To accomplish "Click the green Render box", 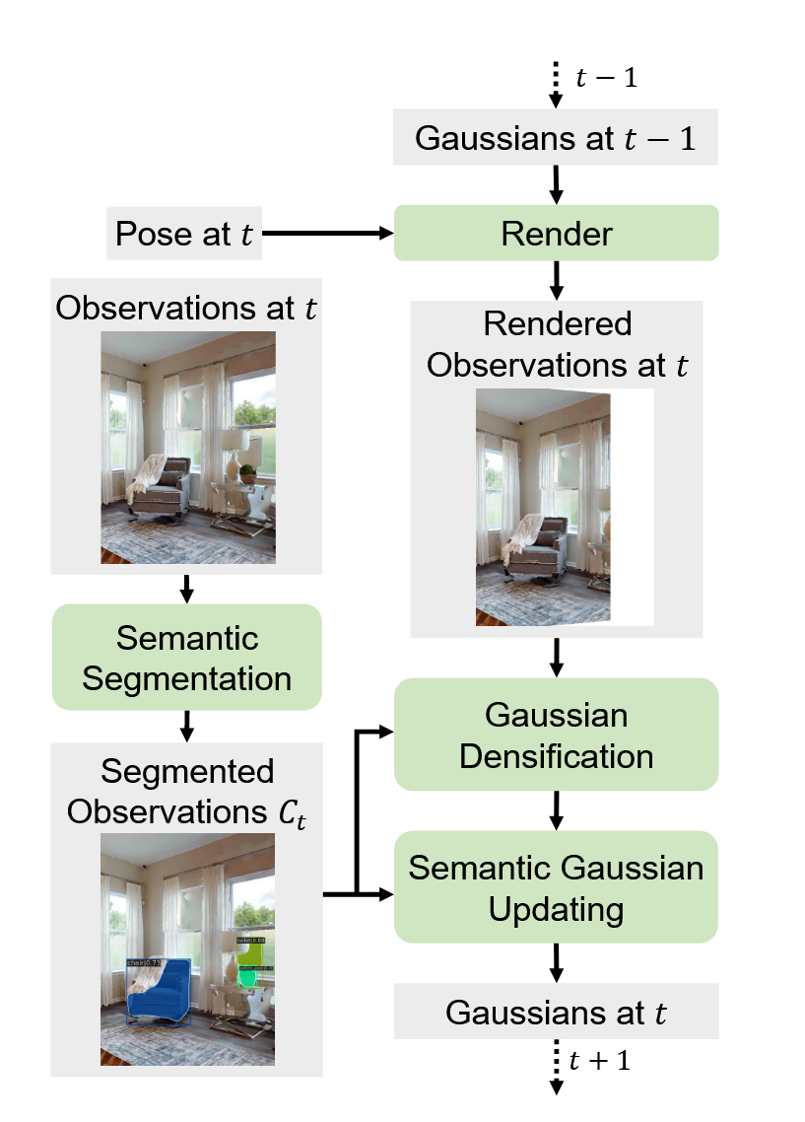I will [556, 234].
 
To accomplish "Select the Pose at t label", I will [183, 235].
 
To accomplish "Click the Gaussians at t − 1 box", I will [556, 137].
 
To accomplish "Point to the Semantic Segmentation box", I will [187, 658].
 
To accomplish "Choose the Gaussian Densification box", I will [556, 735].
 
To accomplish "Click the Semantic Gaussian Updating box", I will [556, 887].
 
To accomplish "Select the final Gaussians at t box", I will [556, 1012].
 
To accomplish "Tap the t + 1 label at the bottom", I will [600, 1061].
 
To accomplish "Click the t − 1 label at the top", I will [606, 78].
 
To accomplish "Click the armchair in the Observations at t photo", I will [160, 485].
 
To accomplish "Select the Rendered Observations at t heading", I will [557, 344].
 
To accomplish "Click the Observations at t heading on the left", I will [187, 309].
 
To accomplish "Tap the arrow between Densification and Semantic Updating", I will [557, 810].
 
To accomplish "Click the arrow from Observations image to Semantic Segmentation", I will [187, 589].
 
